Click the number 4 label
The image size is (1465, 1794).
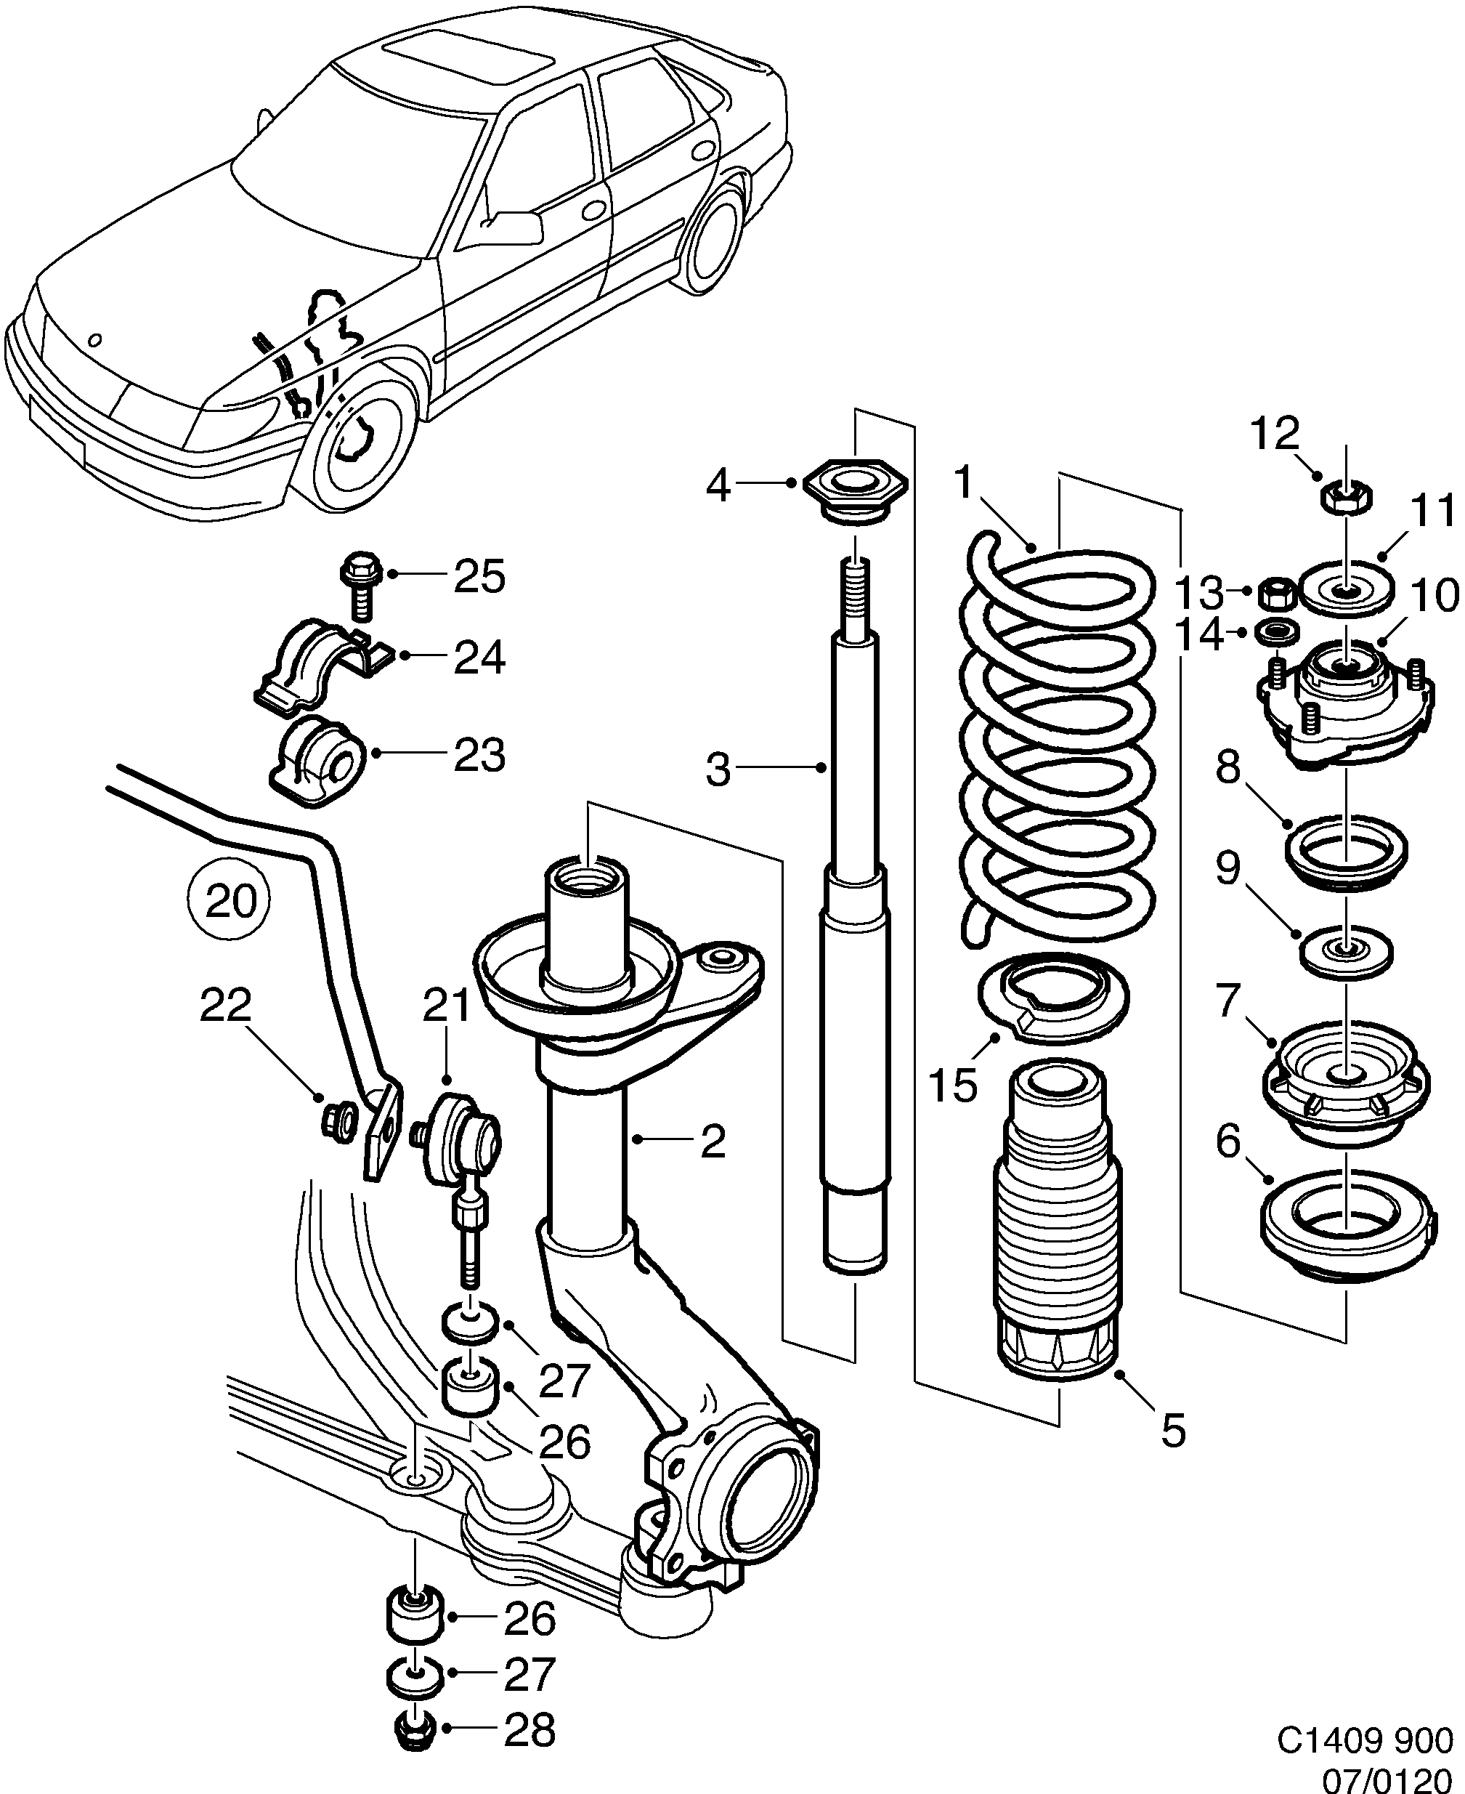(718, 486)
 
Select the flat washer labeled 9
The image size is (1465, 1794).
(1345, 951)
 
